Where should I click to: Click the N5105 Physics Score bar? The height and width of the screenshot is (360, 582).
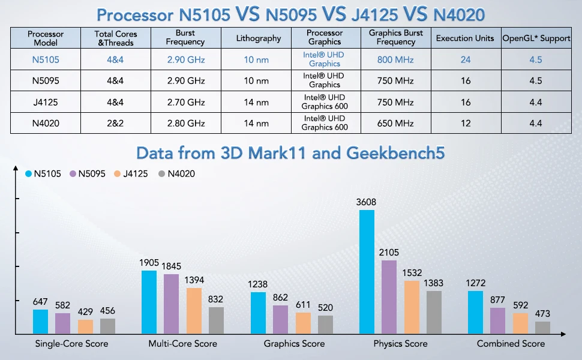click(367, 272)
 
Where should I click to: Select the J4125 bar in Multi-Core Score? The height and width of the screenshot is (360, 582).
click(194, 311)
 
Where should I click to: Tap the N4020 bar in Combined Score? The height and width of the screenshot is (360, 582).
click(542, 328)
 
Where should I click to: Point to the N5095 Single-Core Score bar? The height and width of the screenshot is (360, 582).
click(62, 323)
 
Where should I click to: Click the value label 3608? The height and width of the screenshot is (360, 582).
click(366, 203)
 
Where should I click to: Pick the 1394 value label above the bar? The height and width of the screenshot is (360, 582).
click(194, 280)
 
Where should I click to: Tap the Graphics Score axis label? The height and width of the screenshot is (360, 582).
click(294, 344)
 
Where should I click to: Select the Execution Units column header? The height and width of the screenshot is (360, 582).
click(465, 38)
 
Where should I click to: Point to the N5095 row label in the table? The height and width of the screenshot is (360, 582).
click(46, 81)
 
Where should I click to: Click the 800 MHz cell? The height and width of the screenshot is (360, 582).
click(395, 59)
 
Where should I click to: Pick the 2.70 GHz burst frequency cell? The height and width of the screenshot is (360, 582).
click(186, 102)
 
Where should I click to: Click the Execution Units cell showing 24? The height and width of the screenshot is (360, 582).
click(466, 59)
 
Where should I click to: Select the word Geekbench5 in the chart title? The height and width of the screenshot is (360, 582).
click(396, 153)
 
